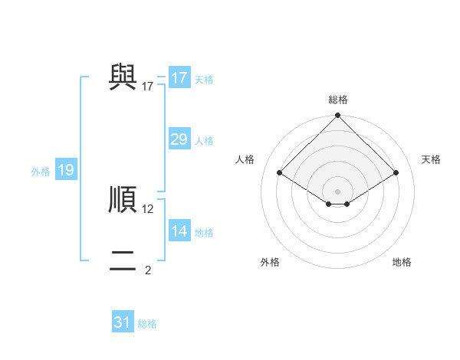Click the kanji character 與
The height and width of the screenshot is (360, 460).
click(x=123, y=76)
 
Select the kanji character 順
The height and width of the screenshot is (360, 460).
click(x=123, y=198)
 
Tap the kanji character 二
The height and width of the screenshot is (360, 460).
click(x=123, y=260)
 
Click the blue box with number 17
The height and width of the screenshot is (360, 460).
click(x=179, y=78)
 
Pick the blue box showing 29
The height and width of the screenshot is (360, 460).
click(x=179, y=139)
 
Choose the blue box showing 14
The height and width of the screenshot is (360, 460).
click(x=179, y=231)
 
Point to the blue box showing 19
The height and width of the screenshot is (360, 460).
click(x=66, y=170)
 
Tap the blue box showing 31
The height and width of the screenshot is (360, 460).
click(x=123, y=322)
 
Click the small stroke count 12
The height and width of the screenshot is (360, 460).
click(x=148, y=208)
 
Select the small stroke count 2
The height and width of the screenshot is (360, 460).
click(x=148, y=270)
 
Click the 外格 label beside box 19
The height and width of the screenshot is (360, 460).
click(x=41, y=172)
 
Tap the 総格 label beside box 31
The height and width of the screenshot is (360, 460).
click(x=147, y=324)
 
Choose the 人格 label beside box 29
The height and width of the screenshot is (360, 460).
click(x=204, y=141)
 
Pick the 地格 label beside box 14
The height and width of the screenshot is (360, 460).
click(x=204, y=233)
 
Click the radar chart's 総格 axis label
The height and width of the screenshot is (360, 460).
click(x=338, y=100)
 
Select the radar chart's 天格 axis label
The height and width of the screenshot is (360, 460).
click(x=431, y=159)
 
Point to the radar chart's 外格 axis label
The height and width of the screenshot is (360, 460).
click(x=270, y=262)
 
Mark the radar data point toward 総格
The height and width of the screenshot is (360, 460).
click(x=338, y=116)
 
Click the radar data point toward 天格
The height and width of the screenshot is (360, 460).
click(x=396, y=173)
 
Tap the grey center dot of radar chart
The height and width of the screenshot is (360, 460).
click(x=338, y=191)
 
